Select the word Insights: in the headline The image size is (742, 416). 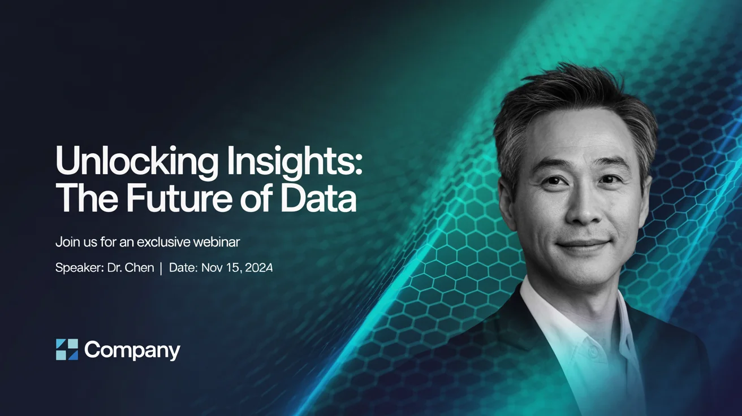pos(294,162)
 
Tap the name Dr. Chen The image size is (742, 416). pos(131,268)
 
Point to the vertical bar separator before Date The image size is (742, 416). pos(161,268)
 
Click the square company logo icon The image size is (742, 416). pos(67,350)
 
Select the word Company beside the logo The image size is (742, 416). pos(132,350)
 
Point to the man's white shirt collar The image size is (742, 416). pos(543,305)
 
